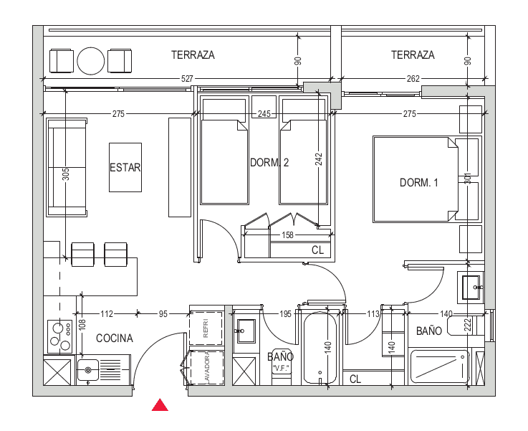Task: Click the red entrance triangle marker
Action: pos(160,405)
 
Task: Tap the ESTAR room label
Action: pos(125,168)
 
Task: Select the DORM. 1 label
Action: pos(419,183)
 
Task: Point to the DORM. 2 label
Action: pos(269,163)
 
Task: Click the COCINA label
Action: pos(115,338)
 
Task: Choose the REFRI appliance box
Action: pos(206,328)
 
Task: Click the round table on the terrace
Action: pos(91,61)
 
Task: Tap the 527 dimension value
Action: pos(187,79)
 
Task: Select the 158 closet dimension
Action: pos(287,235)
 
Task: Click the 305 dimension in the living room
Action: pos(66,174)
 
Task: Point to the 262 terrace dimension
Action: pos(413,79)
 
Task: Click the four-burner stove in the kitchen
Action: pos(60,336)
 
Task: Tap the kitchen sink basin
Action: pos(88,370)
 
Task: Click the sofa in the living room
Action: pos(67,167)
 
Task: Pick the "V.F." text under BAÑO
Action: pos(281,368)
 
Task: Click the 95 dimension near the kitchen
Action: pos(163,313)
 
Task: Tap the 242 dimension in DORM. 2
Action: pos(319,159)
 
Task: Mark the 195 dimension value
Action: pos(285,313)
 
